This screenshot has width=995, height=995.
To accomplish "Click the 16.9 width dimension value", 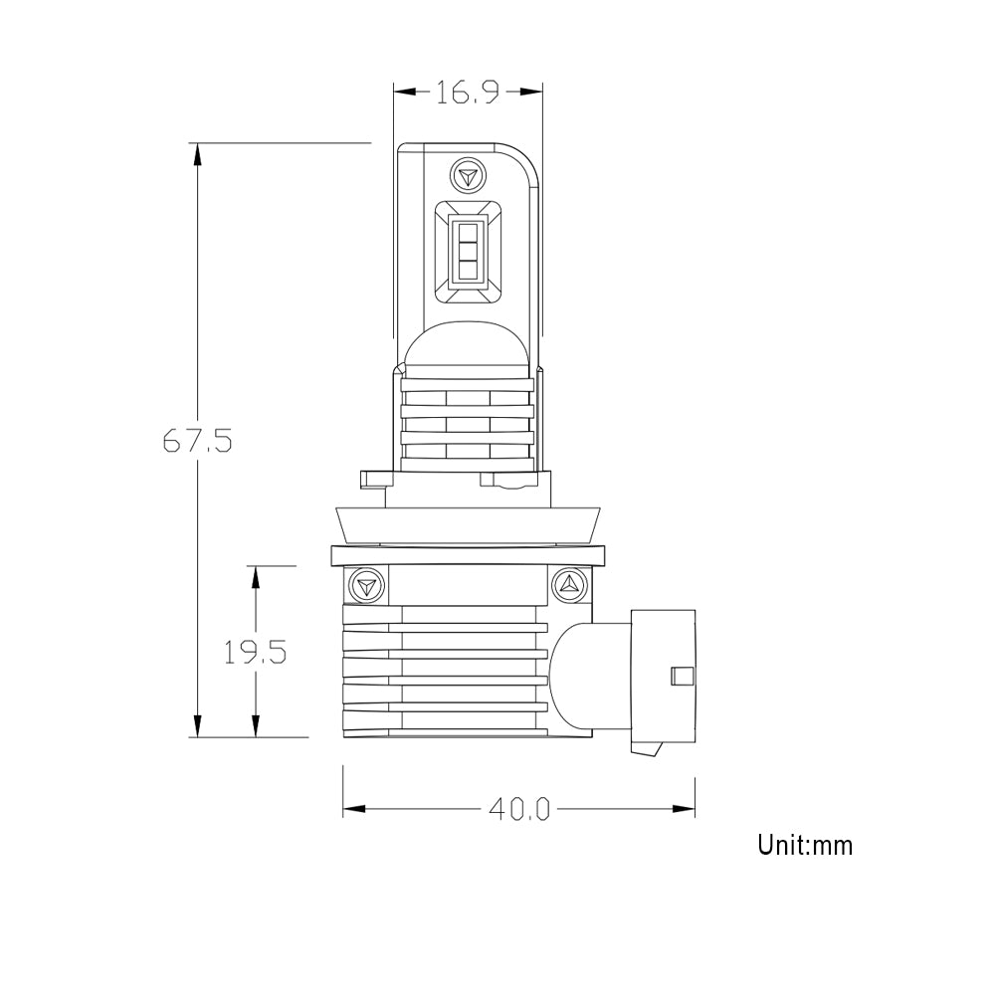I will tap(467, 93).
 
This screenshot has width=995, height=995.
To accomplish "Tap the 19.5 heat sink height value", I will tap(255, 652).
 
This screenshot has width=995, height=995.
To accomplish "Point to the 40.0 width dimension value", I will tap(518, 809).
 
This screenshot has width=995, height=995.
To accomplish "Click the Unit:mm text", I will tap(804, 846).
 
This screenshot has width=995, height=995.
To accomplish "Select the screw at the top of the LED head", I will tap(466, 176).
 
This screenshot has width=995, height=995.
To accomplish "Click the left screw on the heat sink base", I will tap(365, 584).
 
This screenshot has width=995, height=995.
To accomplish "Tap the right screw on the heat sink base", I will tap(571, 584).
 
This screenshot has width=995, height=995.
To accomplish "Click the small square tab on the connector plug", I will tap(682, 675).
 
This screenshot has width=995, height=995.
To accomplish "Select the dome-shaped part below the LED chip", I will tap(466, 348).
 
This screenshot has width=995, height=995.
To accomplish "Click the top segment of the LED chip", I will tap(467, 228).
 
